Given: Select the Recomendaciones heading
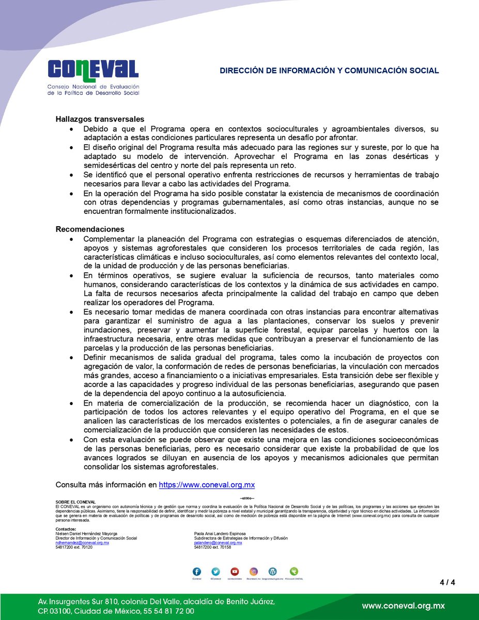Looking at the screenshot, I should pos(90,229).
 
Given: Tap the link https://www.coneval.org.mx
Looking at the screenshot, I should pos(207,485).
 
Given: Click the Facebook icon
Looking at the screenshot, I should pos(197,572).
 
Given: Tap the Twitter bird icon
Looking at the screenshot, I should pos(216,572).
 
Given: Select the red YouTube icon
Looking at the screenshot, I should pos(235,572).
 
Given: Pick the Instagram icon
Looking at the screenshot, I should pos(254,572).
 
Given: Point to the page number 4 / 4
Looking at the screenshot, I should pos(447,583).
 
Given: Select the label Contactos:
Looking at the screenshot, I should pos(66,529).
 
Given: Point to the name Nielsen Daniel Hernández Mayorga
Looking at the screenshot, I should pos(86,534).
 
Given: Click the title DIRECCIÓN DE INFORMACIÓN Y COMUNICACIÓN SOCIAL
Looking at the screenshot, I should pos(329,70).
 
